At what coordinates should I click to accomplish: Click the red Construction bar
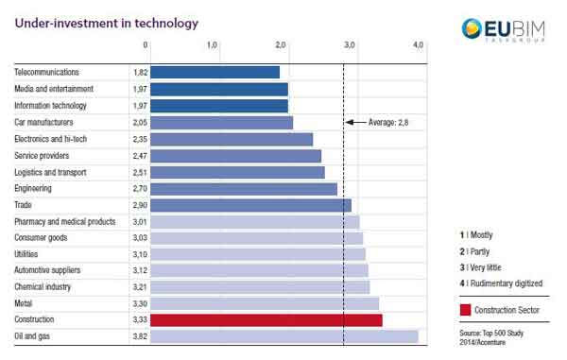click(266, 320)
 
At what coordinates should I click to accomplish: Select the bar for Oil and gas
click(283, 336)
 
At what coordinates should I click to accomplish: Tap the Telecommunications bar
click(215, 72)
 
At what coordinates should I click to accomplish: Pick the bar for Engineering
click(244, 188)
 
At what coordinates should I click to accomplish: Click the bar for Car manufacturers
click(221, 122)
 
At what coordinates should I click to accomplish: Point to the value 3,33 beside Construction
click(138, 320)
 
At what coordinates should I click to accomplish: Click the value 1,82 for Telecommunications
click(138, 72)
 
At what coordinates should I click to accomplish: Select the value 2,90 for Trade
click(138, 205)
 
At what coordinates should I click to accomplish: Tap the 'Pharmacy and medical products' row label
click(64, 221)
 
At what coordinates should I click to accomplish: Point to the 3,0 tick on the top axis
click(350, 45)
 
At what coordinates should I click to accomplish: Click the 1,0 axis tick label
click(213, 45)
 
